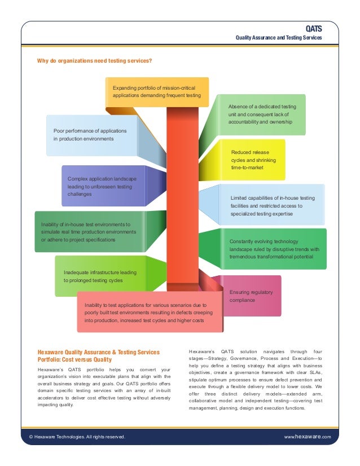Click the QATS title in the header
pyautogui.click(x=314, y=28)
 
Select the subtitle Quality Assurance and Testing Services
pyautogui.click(x=279, y=37)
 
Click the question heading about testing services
pyautogui.click(x=94, y=60)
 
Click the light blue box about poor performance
pyautogui.click(x=90, y=135)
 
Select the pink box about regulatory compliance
pyautogui.click(x=251, y=296)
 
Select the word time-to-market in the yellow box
pyautogui.click(x=247, y=168)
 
